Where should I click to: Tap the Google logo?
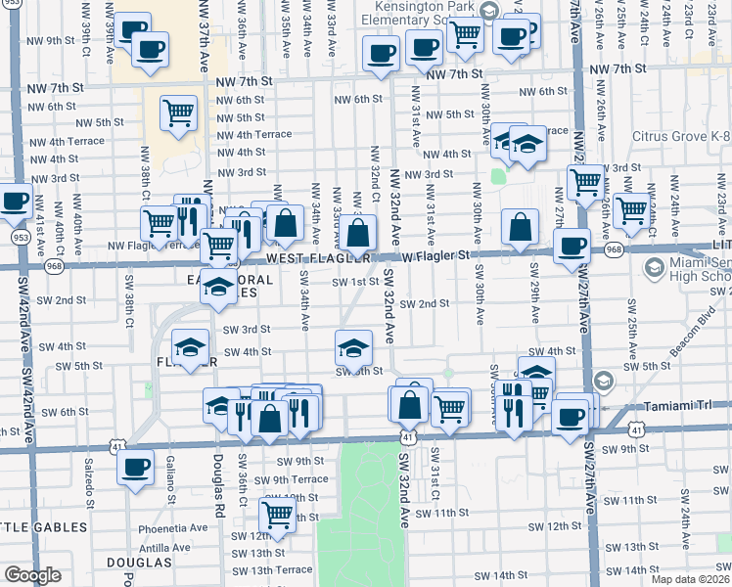click(32, 576)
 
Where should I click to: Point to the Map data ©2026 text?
click(690, 579)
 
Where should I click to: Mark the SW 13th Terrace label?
click(253, 569)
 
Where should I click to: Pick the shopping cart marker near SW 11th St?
click(278, 515)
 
